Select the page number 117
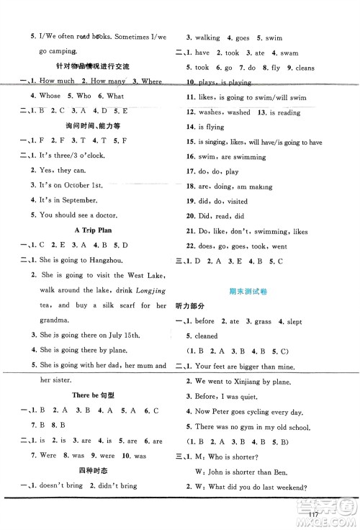332,513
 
